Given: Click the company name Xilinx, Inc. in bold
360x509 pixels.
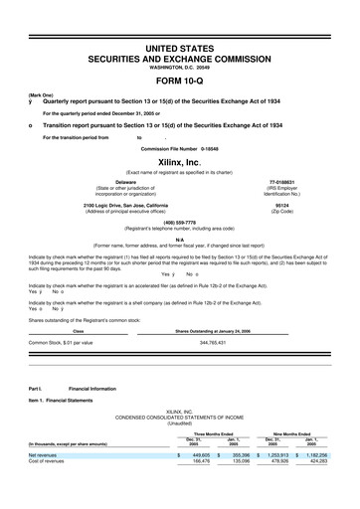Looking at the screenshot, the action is coord(180,161).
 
